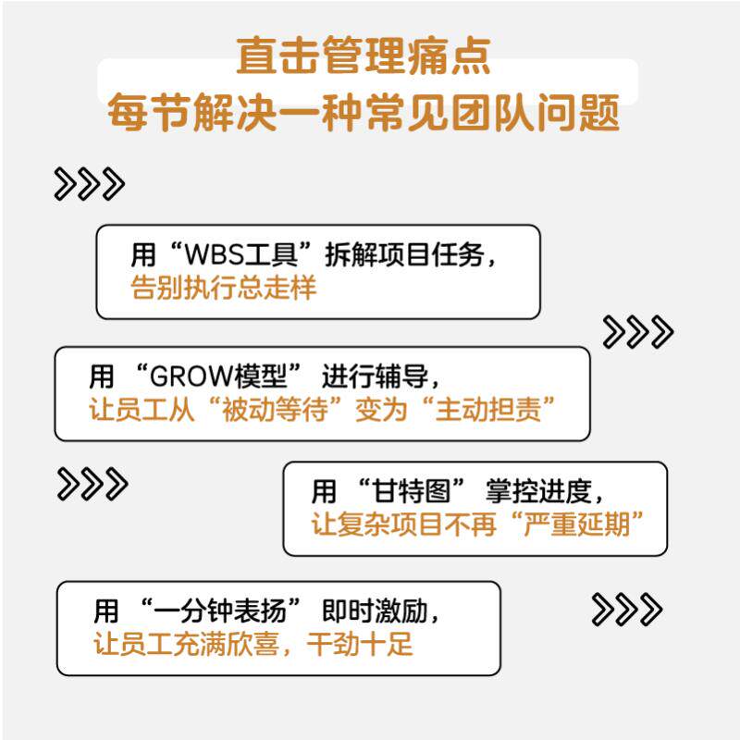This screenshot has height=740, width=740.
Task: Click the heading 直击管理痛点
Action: (x=363, y=57)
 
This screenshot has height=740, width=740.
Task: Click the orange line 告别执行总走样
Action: (x=224, y=288)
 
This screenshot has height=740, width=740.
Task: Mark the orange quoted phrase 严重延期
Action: (x=583, y=524)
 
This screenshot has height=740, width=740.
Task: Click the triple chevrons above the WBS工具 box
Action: (x=89, y=184)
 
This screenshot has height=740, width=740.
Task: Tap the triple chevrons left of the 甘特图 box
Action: (x=92, y=484)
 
